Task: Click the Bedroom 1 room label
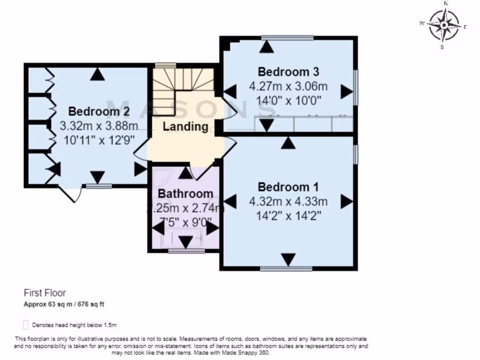(288, 187)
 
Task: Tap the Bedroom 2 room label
(99, 112)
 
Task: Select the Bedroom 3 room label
(288, 72)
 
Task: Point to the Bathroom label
(185, 194)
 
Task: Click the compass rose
(444, 25)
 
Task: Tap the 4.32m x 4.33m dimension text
(288, 202)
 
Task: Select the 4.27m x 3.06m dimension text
(288, 87)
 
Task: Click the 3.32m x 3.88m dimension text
(99, 126)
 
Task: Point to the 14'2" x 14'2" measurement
(288, 217)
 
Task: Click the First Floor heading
(45, 293)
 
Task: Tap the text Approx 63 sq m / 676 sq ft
(64, 304)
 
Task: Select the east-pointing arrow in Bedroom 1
(347, 202)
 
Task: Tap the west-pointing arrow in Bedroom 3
(230, 91)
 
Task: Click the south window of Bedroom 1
(286, 269)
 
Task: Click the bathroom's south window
(186, 251)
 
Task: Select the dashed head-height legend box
(25, 324)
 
